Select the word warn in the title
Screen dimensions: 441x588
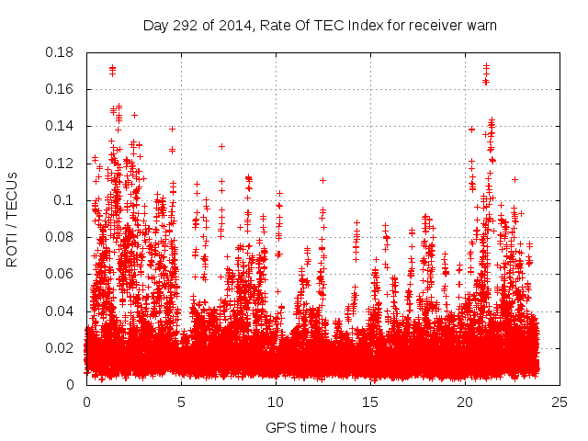480,25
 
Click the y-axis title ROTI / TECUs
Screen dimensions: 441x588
12,218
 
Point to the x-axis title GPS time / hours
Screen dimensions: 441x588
320,427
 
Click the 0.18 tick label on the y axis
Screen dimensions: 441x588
62,52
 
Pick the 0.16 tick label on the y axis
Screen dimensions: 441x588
62,89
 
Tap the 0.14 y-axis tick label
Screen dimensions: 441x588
62,126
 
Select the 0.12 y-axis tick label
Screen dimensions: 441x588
62,164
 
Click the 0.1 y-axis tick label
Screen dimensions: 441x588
65,200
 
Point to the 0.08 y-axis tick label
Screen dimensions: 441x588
62,237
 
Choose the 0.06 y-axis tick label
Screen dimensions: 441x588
62,274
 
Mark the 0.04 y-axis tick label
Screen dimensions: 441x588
62,311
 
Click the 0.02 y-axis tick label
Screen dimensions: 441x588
62,347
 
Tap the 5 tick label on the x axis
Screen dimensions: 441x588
181,401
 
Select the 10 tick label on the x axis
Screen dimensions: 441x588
276,401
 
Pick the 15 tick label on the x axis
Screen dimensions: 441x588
370,401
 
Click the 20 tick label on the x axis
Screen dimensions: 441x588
465,401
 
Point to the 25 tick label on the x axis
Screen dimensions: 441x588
560,401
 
